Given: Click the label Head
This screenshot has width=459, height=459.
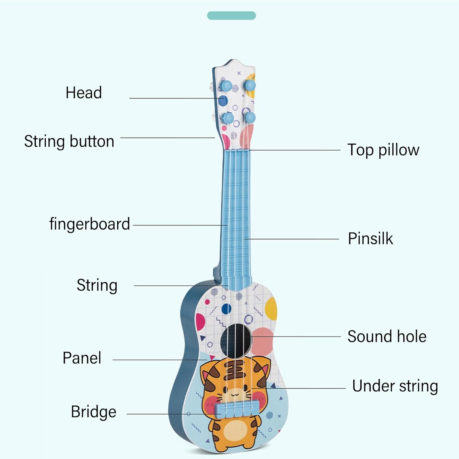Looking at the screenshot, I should click(84, 92).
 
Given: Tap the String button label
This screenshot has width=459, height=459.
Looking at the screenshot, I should click(69, 141).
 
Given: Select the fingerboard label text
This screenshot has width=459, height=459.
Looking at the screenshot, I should click(90, 224).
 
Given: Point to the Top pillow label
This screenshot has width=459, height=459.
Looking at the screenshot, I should click(383, 150).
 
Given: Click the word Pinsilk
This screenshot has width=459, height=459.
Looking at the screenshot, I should click(370, 239).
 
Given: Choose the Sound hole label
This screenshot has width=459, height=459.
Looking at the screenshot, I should click(387, 337).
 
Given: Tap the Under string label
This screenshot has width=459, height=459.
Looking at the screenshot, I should click(395, 386).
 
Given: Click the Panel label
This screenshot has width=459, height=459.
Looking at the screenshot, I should click(82, 358).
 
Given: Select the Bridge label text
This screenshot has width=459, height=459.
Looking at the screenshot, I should click(94, 412).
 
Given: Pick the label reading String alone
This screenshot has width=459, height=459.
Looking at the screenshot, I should click(97, 285).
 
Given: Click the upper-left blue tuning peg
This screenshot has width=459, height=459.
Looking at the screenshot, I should click(226, 85).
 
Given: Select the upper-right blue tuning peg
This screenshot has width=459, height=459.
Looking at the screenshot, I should click(250, 85).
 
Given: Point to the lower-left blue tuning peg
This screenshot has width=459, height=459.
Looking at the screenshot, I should click(228, 118).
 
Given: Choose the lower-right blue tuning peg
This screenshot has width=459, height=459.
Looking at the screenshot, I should click(250, 117).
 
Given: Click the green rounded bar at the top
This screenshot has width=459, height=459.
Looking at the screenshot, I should click(231, 16).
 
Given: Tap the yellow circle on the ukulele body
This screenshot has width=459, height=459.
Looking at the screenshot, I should click(271, 309).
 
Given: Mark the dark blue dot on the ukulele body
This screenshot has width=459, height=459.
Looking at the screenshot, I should click(226, 309).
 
